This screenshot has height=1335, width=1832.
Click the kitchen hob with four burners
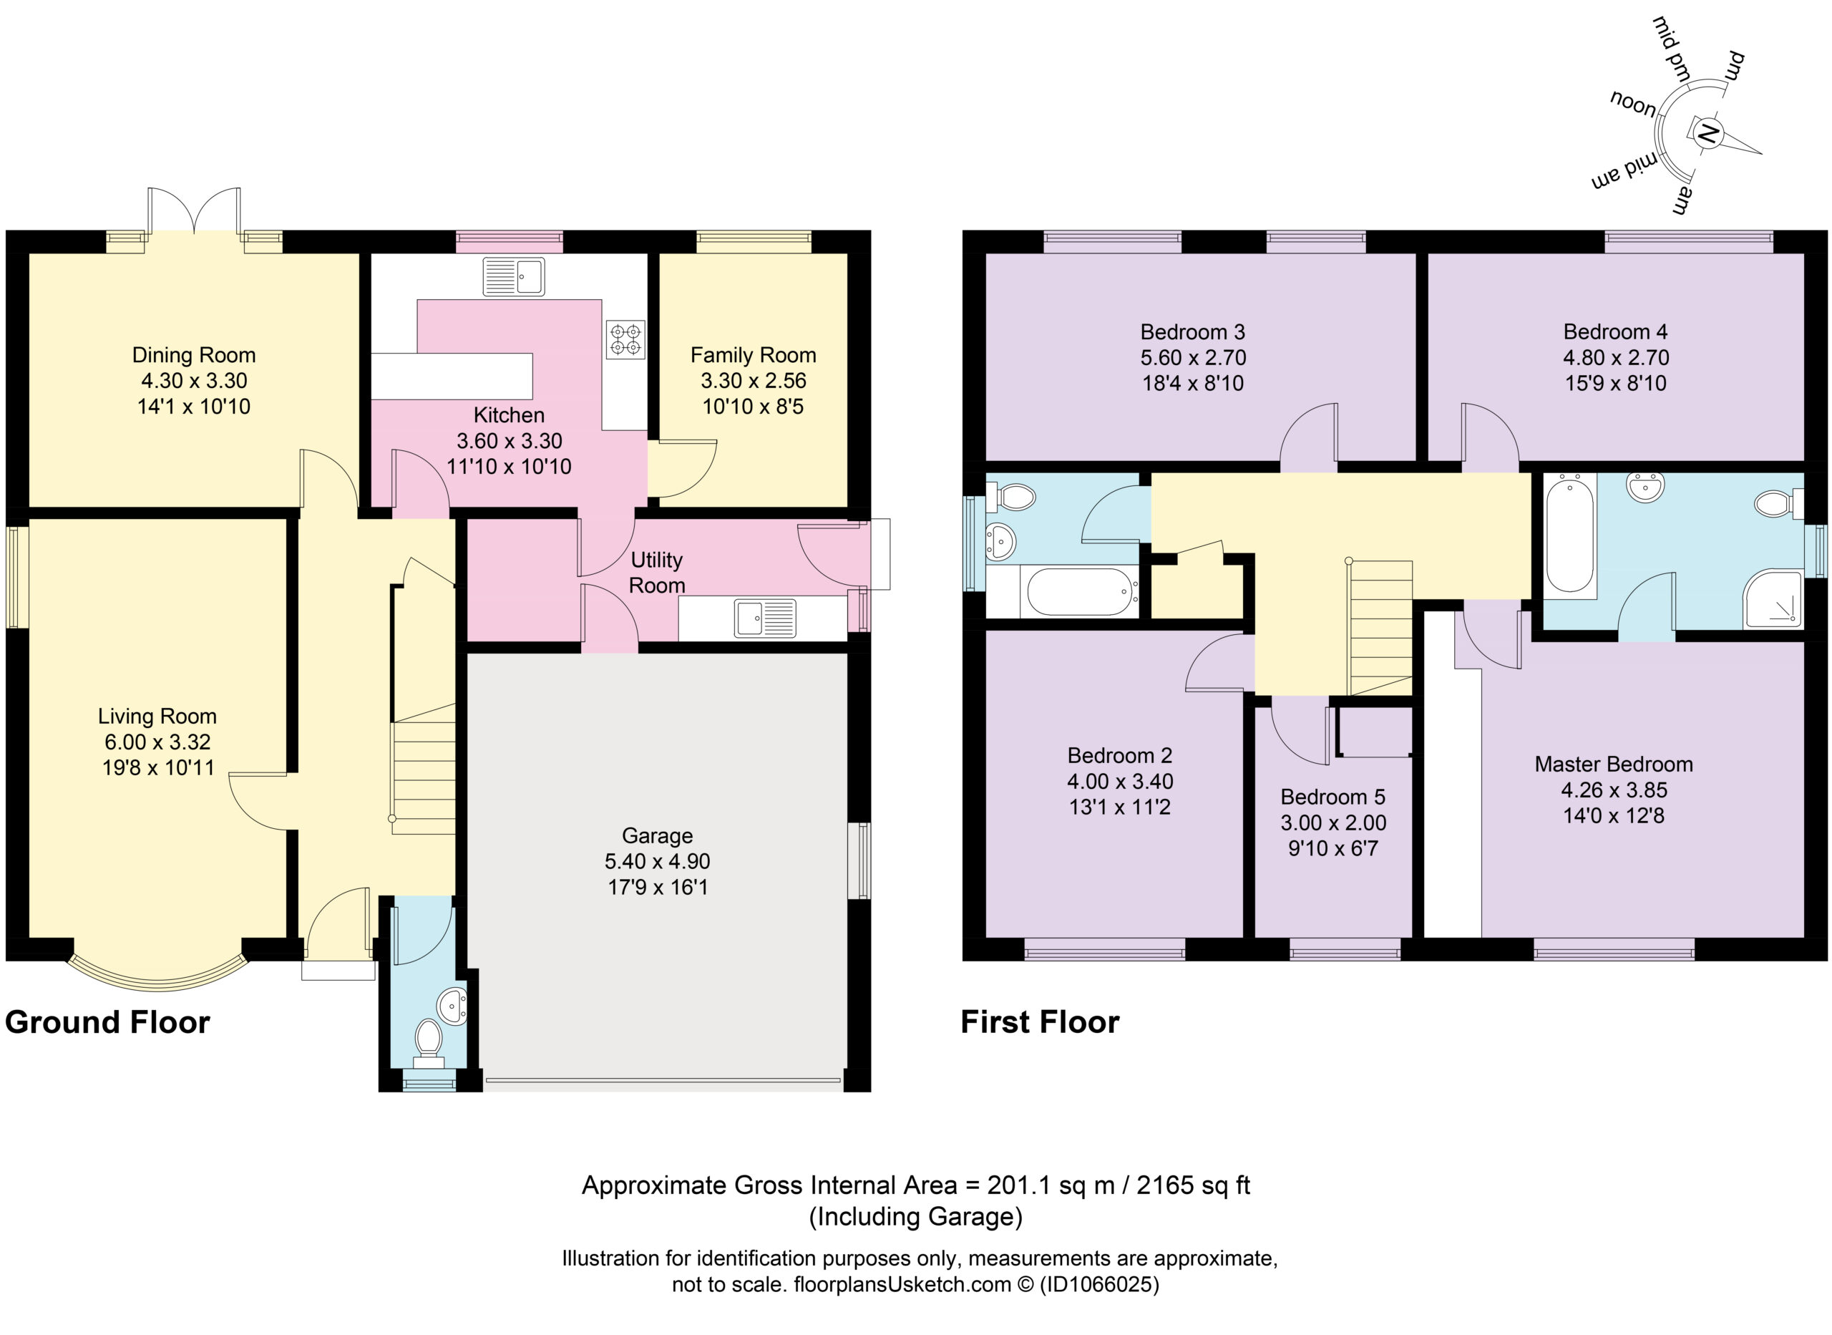coord(625,339)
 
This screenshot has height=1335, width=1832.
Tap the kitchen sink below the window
coord(513,276)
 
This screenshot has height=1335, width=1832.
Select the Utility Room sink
coord(764,618)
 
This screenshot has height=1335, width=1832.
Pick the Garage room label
coord(658,835)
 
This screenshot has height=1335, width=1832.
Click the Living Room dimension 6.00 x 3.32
coord(157,742)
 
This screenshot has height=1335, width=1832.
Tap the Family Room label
coord(753,355)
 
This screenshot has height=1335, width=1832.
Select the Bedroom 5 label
coord(1332,797)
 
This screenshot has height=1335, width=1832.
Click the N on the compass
coord(1707,133)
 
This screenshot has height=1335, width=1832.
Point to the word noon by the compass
coord(1633,104)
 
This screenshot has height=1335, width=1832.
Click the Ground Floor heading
coord(107,1022)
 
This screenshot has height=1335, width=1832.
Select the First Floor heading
coord(1040,1022)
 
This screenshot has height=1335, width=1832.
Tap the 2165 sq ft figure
coord(1193,1185)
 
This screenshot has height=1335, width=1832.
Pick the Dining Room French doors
coord(194,212)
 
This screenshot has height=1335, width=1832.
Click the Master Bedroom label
coord(1613,764)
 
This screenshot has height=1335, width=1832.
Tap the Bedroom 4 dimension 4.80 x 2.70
coord(1615,357)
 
